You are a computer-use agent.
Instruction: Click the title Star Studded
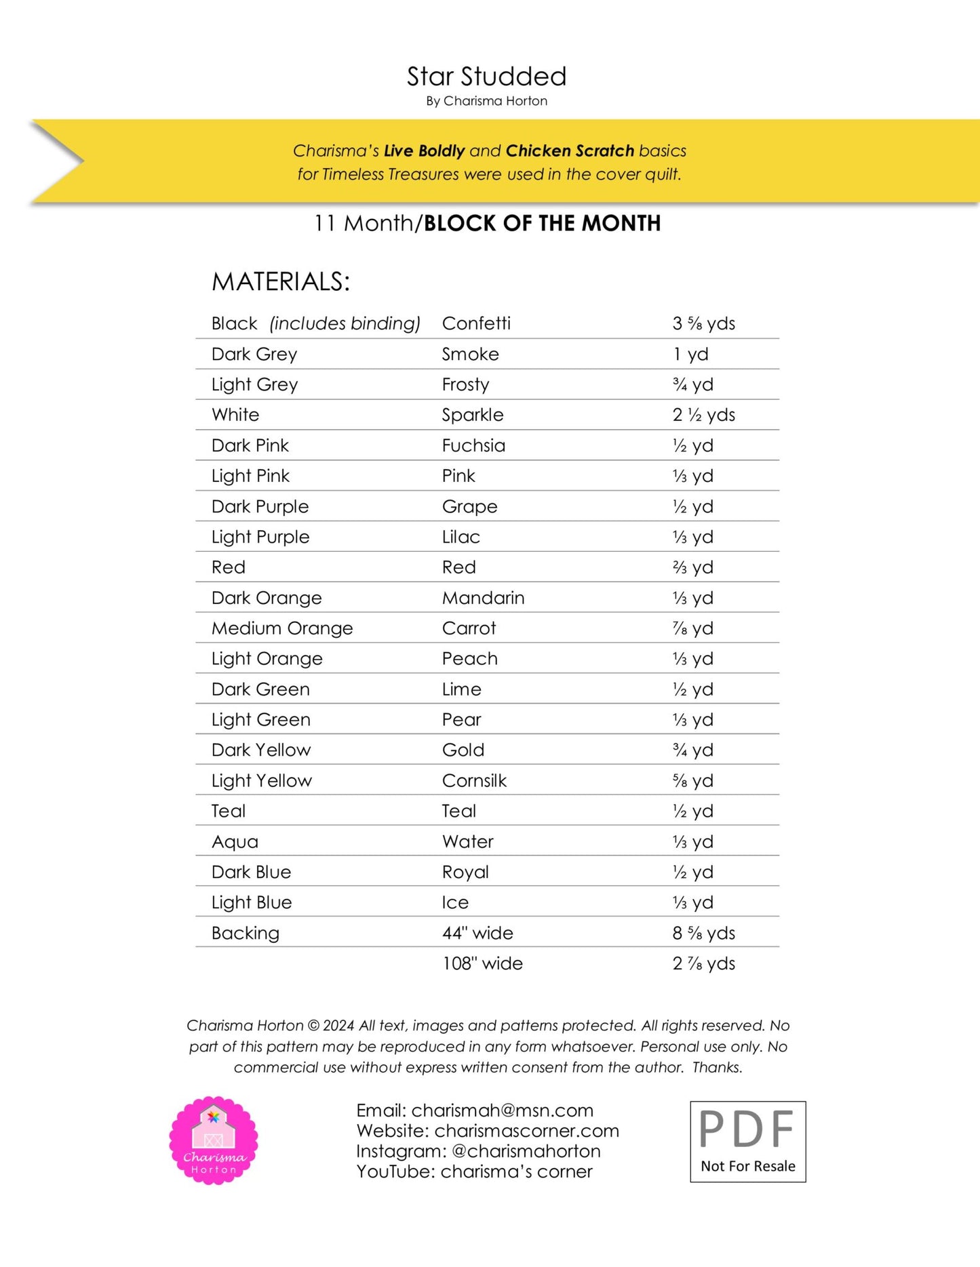click(x=486, y=77)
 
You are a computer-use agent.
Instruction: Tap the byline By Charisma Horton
click(x=486, y=101)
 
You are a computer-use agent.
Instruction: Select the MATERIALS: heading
click(x=281, y=282)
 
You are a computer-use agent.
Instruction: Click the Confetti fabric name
click(x=476, y=323)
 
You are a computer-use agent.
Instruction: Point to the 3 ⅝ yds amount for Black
click(x=703, y=323)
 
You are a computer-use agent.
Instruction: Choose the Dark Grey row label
click(x=254, y=354)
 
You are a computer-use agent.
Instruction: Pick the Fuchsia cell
click(x=473, y=445)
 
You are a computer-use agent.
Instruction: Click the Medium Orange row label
click(x=282, y=628)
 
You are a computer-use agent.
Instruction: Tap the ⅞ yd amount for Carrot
click(x=692, y=628)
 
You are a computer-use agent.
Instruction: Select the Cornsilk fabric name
click(x=474, y=781)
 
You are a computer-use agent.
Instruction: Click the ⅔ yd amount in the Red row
click(x=692, y=567)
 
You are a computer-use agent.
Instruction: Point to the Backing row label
click(x=246, y=933)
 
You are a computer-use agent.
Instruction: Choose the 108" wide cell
click(x=482, y=964)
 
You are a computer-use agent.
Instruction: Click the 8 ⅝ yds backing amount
click(x=703, y=933)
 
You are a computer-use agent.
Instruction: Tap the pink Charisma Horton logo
click(x=214, y=1140)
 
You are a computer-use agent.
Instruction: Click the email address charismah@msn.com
click(x=502, y=1110)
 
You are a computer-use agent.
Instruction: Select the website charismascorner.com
click(x=526, y=1131)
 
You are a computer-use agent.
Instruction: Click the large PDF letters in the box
click(x=747, y=1129)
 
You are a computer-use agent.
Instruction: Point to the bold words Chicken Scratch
click(x=570, y=150)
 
